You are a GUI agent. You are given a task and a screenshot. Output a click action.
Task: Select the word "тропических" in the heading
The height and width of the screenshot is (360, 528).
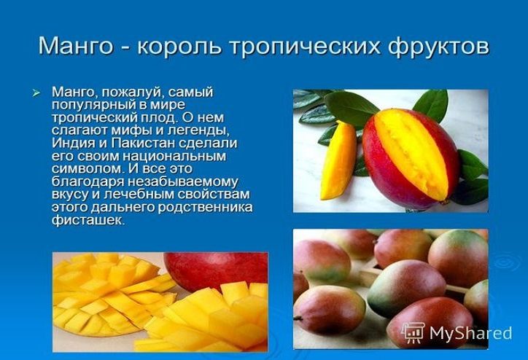pyautogui.click(x=305, y=46)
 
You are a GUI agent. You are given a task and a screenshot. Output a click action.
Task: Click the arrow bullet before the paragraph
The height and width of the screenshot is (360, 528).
pyautogui.click(x=36, y=93)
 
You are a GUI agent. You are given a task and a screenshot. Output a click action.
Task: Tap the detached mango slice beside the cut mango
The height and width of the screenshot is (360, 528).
pyautogui.click(x=338, y=161)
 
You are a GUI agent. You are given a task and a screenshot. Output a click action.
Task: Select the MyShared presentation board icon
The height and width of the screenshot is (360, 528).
pyautogui.click(x=414, y=333)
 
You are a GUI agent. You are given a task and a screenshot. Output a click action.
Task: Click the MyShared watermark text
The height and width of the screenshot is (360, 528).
pyautogui.click(x=470, y=333)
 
